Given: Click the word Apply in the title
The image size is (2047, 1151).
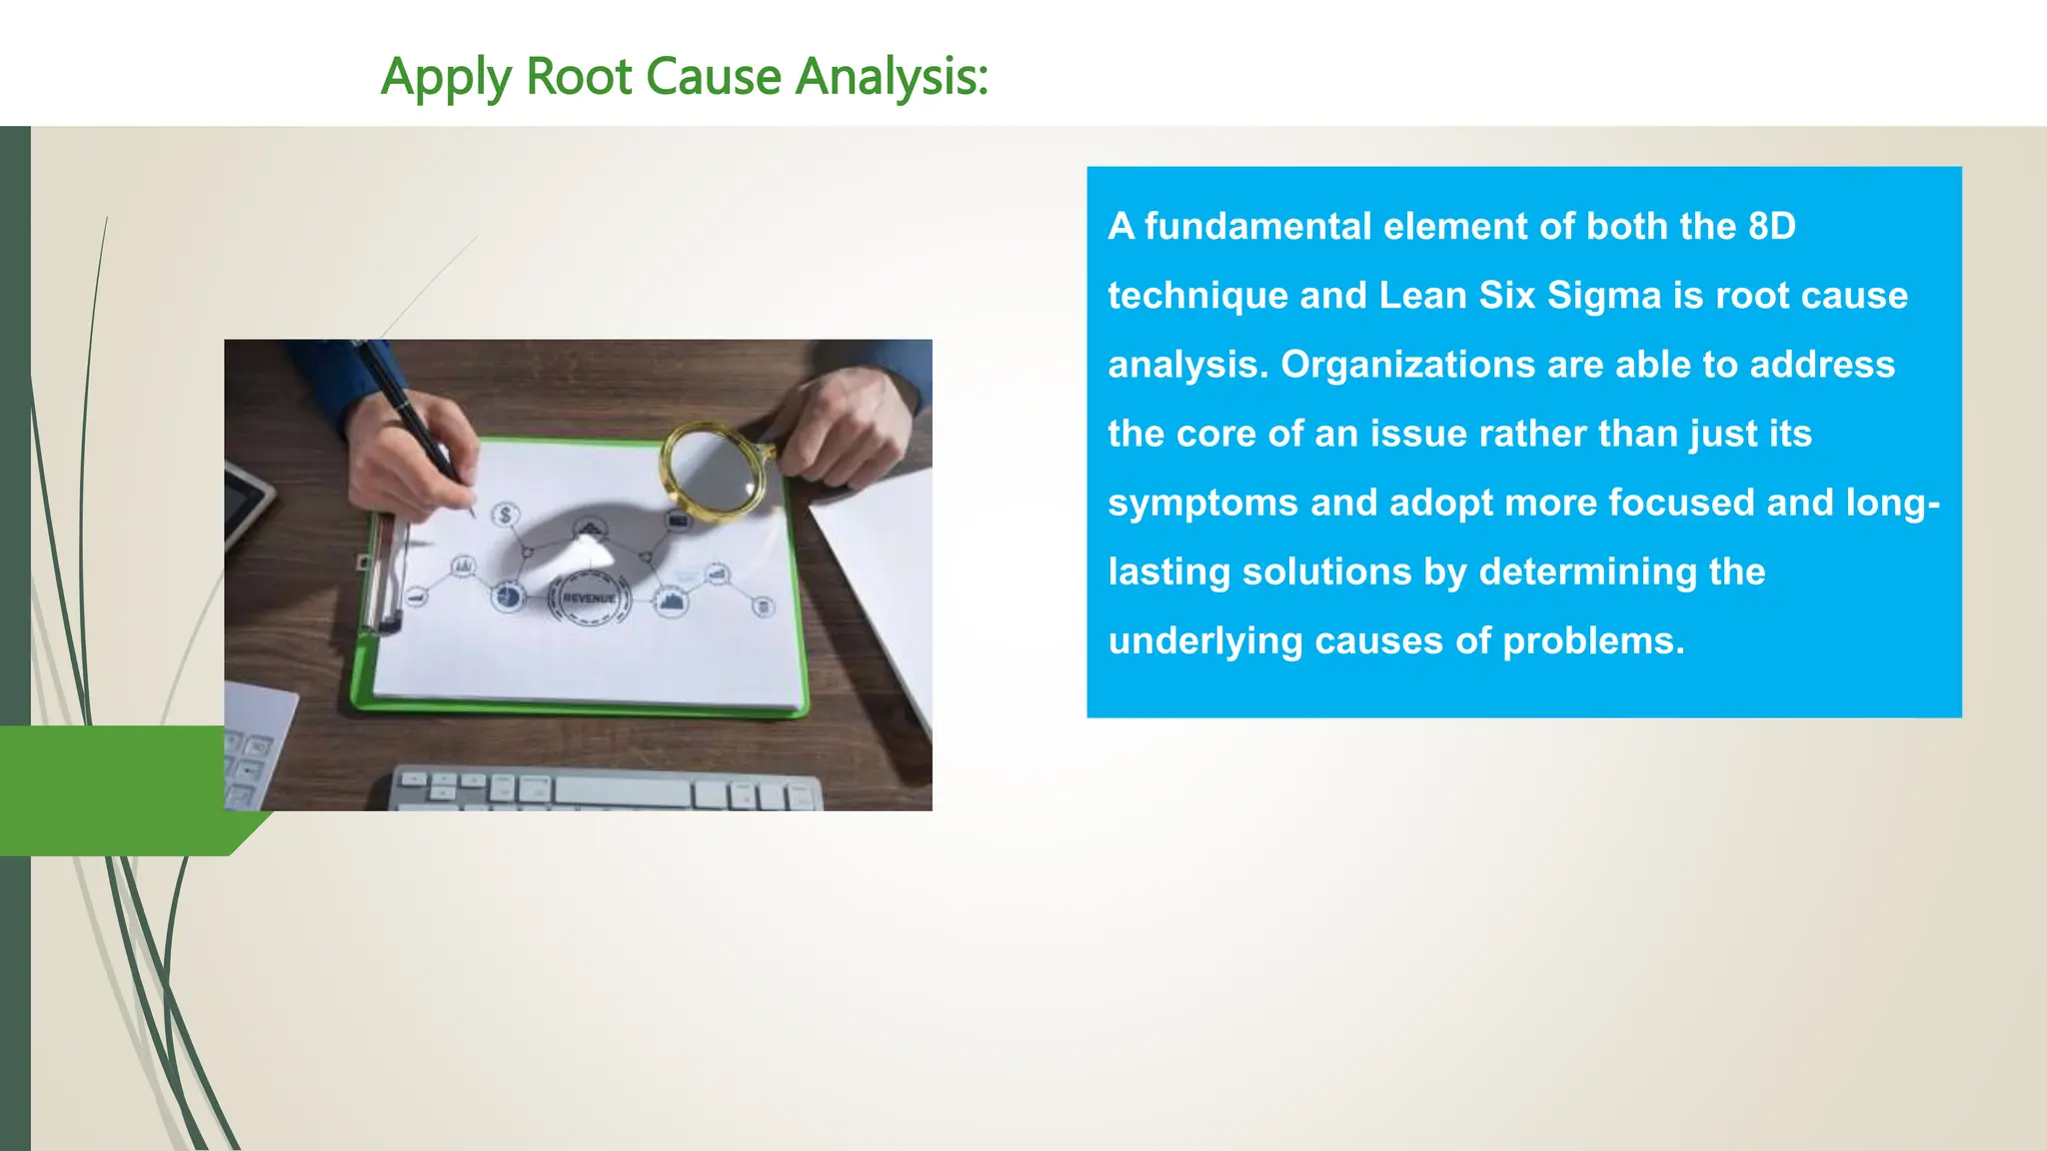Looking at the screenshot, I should click(x=446, y=77).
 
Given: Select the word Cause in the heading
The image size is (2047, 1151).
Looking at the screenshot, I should click(x=713, y=77).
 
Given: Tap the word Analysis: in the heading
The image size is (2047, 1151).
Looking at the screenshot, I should click(x=892, y=77).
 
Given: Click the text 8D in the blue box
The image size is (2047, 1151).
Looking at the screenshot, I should click(x=1771, y=227).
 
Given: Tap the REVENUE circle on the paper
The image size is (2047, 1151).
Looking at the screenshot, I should click(x=589, y=597).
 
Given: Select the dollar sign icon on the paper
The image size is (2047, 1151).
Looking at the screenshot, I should click(x=506, y=515).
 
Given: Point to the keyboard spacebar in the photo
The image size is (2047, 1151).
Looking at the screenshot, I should click(x=622, y=792).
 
